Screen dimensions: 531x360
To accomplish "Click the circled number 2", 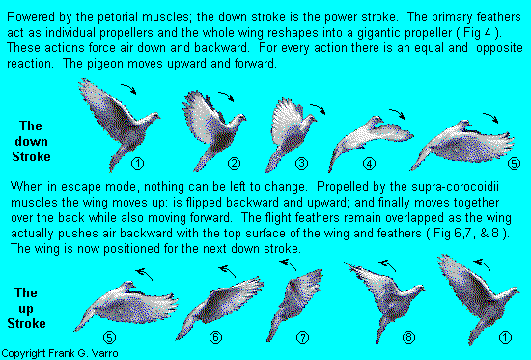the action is click(234, 164).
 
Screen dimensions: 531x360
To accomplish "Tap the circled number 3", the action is click(301, 164).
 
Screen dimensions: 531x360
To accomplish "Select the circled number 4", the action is click(369, 164).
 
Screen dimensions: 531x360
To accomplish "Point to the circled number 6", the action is click(215, 337).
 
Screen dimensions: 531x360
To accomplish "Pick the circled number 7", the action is click(302, 337).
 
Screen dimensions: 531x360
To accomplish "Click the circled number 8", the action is click(408, 337).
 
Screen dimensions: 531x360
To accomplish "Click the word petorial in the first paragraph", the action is click(119, 17).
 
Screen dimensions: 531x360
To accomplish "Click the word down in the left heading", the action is click(31, 141).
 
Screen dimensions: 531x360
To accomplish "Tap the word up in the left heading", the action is click(26, 309).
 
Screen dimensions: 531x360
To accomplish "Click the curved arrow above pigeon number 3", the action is click(318, 109).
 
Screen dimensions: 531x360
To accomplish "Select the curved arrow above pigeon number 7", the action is click(289, 264).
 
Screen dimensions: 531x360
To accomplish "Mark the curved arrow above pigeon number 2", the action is click(226, 96).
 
